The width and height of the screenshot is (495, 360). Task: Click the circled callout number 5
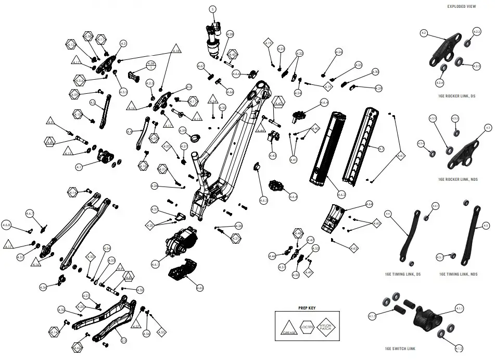[212, 9]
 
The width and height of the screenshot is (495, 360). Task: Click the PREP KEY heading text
[307, 308]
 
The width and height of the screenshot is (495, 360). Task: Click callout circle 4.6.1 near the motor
[156, 265]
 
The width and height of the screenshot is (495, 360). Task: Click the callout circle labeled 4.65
[199, 288]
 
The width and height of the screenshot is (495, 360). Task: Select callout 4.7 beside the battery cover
[382, 150]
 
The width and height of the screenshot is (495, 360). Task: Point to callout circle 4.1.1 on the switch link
[460, 308]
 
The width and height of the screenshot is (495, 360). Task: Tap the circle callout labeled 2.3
[124, 340]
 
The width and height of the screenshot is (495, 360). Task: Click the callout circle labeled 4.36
[44, 287]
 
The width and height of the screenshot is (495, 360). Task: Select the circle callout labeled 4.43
[272, 156]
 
